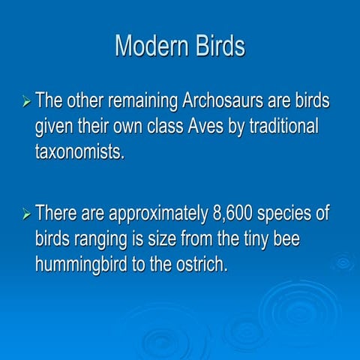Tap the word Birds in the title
[216, 46]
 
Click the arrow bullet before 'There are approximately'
[25, 214]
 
